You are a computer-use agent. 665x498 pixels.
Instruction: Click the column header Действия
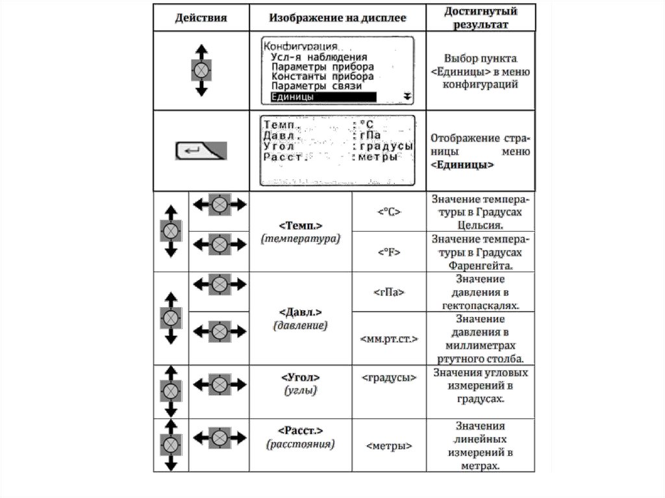tap(201, 18)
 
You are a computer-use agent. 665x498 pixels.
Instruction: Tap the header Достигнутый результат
tap(481, 18)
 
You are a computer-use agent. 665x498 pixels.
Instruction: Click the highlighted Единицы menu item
tap(323, 97)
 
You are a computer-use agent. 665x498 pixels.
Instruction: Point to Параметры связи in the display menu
tap(316, 86)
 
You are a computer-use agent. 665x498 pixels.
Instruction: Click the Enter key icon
tap(201, 151)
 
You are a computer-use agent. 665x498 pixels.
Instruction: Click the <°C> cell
tap(388, 211)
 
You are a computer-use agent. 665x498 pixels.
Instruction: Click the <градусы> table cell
tap(388, 377)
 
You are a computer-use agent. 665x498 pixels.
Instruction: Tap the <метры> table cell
tap(388, 446)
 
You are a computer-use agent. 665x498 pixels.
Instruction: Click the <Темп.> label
tap(301, 225)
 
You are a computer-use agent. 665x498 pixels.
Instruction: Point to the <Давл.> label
tap(301, 311)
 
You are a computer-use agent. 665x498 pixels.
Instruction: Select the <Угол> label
tap(301, 377)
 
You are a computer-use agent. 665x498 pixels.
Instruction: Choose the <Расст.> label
tap(301, 431)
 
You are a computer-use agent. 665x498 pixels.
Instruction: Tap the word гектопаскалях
tap(481, 305)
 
